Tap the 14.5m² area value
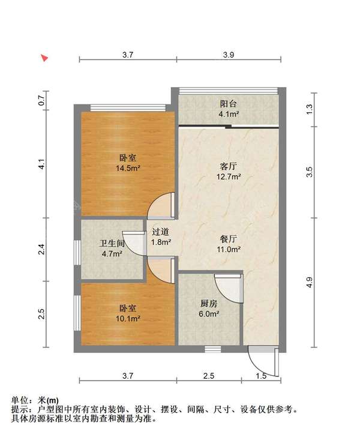coord(128,169)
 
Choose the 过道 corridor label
coord(161,232)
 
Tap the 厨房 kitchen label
coord(209,303)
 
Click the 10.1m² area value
coord(128,319)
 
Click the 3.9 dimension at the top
coord(229,55)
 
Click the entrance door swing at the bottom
coord(263,360)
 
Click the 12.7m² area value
coord(229,177)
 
